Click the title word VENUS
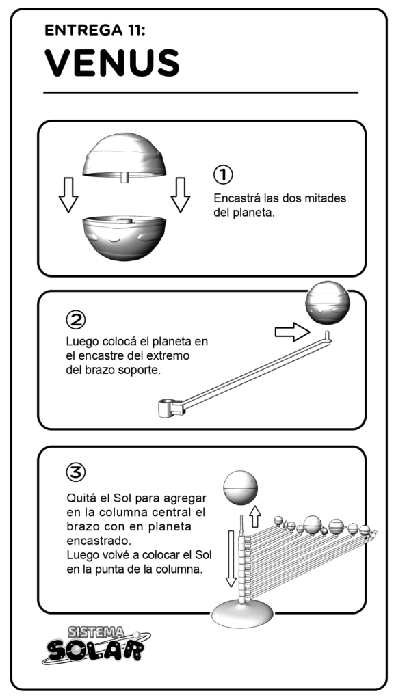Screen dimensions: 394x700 pos(111,63)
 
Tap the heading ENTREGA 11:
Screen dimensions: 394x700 pos(94,30)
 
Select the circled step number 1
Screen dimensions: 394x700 pos(222,174)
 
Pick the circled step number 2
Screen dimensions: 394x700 pos(75,320)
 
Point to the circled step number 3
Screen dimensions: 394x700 pos(75,472)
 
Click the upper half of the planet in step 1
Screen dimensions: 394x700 pos(124,157)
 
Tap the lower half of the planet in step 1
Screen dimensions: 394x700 pos(124,237)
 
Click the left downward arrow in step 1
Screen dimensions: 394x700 pos(68,195)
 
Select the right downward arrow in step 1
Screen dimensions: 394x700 pos(181,195)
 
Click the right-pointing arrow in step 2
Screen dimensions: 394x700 pos(292,332)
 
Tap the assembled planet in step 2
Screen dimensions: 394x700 pos(328,303)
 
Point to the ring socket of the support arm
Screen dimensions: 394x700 pos(166,408)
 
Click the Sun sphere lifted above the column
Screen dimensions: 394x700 pos(241,487)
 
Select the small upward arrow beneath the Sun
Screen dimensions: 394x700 pos(255,517)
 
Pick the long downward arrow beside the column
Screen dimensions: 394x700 pos(231,558)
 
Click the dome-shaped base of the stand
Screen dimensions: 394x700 pos(241,614)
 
